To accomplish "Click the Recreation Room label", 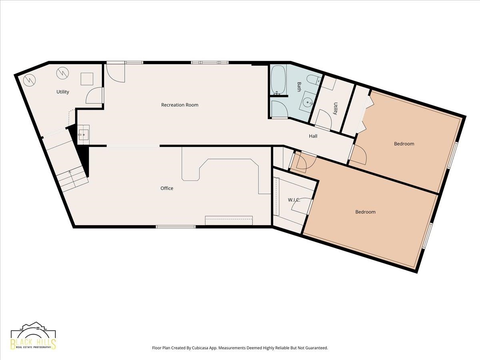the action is (180, 105).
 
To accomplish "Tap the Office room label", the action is (167, 188).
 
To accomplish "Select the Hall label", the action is (313, 136).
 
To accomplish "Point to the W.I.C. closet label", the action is (294, 200).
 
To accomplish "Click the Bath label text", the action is (299, 87).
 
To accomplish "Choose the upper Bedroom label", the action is (404, 144).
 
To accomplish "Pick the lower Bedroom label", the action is (366, 212).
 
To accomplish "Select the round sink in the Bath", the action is (308, 102).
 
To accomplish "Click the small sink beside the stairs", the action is (84, 135).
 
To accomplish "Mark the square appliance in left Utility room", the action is (87, 79).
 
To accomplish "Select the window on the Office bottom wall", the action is (176, 227).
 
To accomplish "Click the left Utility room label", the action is (63, 92).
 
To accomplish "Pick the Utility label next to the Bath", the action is (335, 108).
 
